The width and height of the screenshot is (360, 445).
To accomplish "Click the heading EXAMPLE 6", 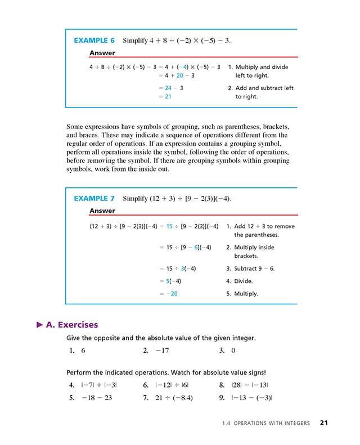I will [94, 41].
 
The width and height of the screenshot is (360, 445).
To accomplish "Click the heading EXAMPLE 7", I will [94, 199].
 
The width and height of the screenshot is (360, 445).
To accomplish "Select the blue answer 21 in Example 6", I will [168, 96].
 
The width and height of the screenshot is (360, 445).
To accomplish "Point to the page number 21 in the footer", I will [324, 422].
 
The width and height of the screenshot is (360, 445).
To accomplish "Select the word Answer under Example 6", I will [102, 53].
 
